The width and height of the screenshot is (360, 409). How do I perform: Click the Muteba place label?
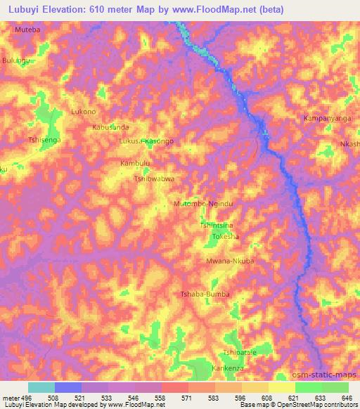(x=28, y=31)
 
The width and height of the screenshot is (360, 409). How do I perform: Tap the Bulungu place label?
(x=15, y=62)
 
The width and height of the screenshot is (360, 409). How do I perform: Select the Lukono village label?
(x=84, y=112)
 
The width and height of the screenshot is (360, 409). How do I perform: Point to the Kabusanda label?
(x=111, y=127)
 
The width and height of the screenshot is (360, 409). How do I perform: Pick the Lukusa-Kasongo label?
(x=147, y=141)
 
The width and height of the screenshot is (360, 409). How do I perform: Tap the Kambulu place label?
(x=136, y=164)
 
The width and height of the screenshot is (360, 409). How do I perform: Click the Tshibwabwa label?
(x=154, y=179)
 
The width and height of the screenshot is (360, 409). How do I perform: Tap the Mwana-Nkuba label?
(x=230, y=261)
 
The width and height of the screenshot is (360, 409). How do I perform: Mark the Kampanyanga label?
(x=327, y=118)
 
